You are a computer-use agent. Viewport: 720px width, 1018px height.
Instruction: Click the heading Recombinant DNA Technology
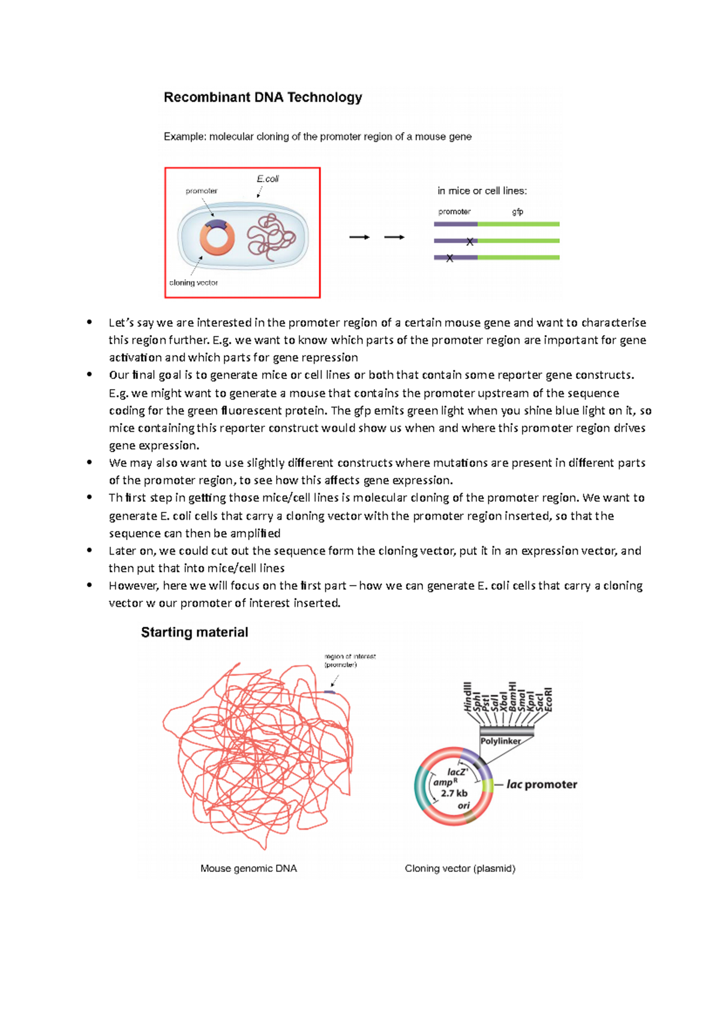tap(263, 97)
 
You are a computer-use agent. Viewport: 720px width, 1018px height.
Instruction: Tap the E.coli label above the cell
tap(268, 179)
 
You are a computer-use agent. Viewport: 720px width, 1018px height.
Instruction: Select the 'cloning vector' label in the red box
tap(193, 282)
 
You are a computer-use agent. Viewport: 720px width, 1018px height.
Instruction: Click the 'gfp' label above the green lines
tap(517, 212)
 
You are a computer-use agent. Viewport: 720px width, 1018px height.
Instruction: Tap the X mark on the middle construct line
tap(470, 242)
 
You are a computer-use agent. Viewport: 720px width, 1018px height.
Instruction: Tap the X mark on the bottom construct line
tap(449, 258)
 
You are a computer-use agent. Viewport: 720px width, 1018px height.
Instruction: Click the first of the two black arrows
tap(359, 237)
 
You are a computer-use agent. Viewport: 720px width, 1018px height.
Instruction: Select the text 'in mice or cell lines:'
tap(482, 191)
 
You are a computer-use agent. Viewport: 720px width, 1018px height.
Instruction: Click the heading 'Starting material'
tap(194, 632)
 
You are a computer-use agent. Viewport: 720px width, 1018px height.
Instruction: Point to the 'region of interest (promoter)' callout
tap(349, 660)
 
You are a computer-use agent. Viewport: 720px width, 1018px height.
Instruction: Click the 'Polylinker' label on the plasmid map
tap(500, 741)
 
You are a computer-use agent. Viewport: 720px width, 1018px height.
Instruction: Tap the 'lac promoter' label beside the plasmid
tap(542, 784)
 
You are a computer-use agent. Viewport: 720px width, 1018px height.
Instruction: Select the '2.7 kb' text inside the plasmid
tap(454, 793)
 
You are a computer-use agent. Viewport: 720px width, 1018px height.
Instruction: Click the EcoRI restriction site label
tap(548, 699)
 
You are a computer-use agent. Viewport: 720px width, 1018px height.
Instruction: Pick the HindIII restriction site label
tap(468, 697)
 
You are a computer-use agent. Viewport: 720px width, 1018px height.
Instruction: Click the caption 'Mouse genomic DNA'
tap(248, 868)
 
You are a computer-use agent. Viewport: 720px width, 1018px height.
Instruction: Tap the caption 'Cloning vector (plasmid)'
tap(460, 868)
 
